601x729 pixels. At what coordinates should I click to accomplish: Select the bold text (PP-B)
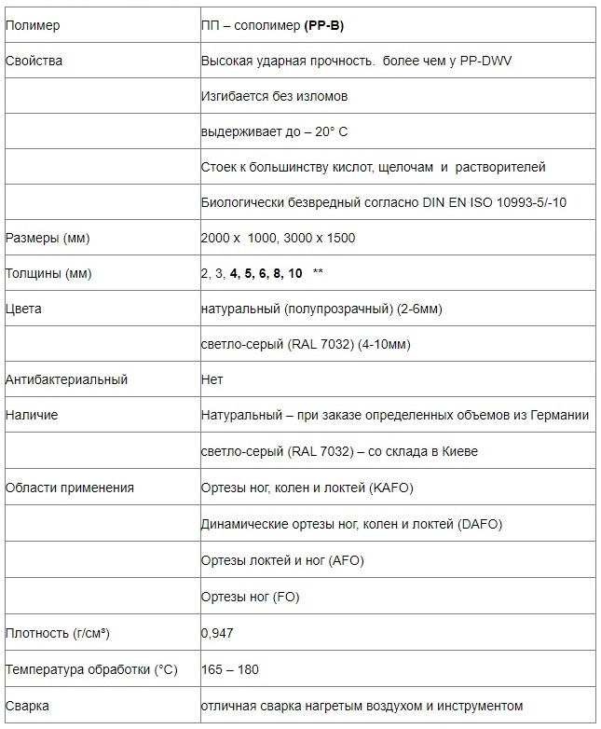324,25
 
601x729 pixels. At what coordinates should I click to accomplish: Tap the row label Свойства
34,61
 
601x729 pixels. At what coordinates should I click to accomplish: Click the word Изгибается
234,96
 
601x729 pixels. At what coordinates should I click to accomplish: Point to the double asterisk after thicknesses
319,273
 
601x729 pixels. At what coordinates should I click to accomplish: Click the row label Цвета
23,309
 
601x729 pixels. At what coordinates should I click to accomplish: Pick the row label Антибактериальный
66,379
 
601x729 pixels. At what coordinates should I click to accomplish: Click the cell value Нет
212,379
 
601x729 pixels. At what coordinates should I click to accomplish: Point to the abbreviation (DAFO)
480,524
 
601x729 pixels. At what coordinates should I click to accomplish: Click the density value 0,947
217,633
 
